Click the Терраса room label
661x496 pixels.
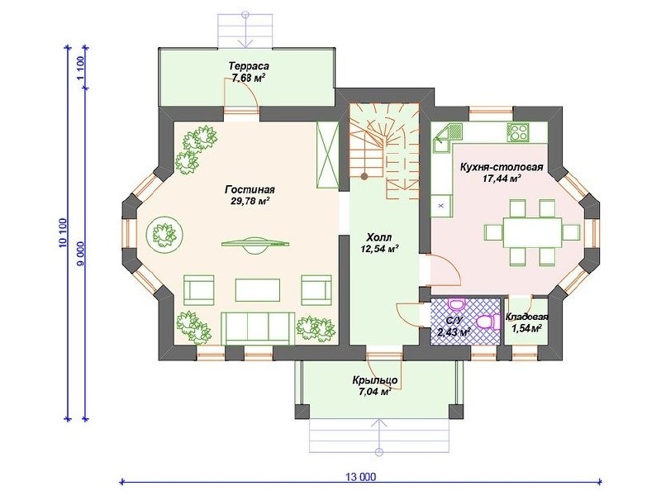[x=250, y=66]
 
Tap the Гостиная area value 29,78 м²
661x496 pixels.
[x=250, y=200]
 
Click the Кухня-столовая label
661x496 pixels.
[x=502, y=167]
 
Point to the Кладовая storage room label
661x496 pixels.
[x=527, y=317]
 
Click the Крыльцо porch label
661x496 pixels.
[x=375, y=380]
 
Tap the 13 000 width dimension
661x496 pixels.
[x=360, y=477]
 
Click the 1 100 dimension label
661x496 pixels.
[x=81, y=68]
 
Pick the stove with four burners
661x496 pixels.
[x=517, y=131]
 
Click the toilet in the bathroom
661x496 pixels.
[x=486, y=322]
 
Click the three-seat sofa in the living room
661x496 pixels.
[x=258, y=328]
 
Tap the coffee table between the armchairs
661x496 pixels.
[x=258, y=290]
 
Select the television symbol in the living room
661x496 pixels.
[x=256, y=245]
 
